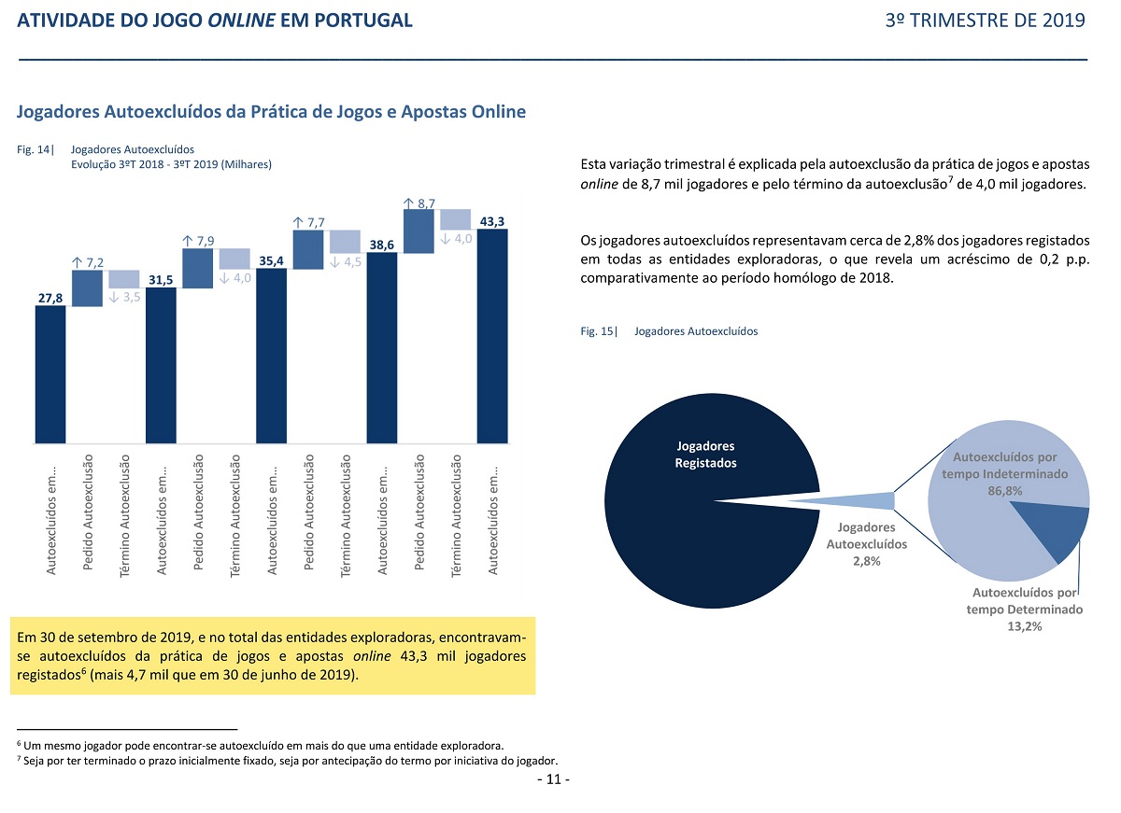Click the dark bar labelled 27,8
coord(50,374)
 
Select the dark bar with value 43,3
coord(492,336)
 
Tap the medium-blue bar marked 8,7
coord(419,231)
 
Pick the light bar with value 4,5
coord(346,242)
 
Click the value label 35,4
coord(271,261)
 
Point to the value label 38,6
coord(382,245)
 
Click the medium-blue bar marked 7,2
coord(87,288)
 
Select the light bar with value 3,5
coord(124,279)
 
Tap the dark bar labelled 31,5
coord(161,366)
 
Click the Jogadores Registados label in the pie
coord(705,455)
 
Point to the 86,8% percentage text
coord(1005,491)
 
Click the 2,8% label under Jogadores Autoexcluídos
coord(867,561)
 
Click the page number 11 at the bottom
coord(553,779)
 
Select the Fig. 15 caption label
coord(599,331)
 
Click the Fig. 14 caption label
coord(35,149)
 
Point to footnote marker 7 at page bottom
coord(19,759)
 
